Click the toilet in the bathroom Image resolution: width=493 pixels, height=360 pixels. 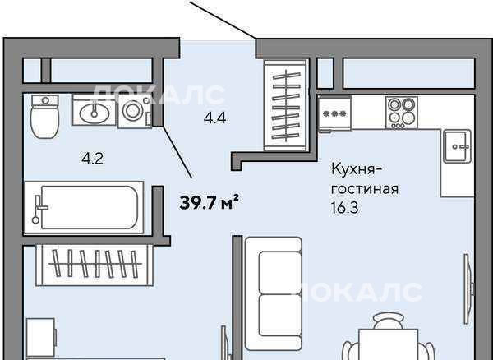(x=45, y=117)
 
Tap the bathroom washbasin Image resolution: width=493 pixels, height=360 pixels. (x=94, y=110)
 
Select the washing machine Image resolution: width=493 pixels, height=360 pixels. (x=135, y=111)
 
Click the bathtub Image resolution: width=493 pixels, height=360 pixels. (x=85, y=207)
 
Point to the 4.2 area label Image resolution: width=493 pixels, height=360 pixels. (x=93, y=159)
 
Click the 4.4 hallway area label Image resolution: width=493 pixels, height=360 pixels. (x=215, y=118)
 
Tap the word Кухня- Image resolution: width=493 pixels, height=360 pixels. (x=357, y=170)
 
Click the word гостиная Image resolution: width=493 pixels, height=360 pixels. (x=365, y=189)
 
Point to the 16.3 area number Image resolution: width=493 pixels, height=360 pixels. (x=344, y=207)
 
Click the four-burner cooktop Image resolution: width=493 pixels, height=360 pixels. (x=402, y=113)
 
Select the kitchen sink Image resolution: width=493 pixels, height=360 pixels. (x=458, y=146)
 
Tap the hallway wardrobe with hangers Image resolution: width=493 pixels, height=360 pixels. (x=286, y=105)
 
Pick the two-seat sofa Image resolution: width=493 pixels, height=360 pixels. (x=274, y=294)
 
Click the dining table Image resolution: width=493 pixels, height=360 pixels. (x=389, y=344)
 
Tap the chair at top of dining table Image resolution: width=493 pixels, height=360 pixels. (x=389, y=320)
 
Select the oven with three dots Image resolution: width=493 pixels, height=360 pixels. (x=334, y=113)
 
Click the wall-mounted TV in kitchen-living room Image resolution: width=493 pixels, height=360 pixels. (x=468, y=289)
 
